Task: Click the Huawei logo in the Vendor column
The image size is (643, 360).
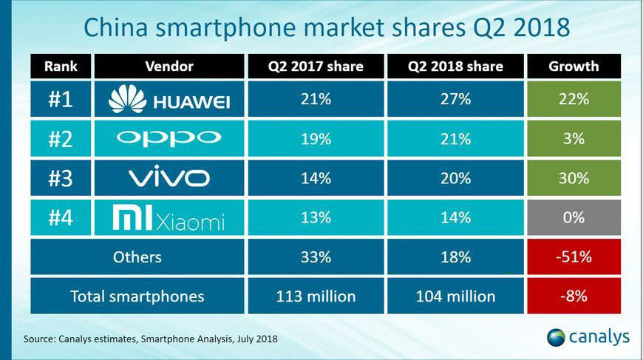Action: [169, 99]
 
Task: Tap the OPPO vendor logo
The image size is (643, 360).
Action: [169, 138]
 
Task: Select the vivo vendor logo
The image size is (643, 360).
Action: [169, 177]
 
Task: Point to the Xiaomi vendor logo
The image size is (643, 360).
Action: [169, 218]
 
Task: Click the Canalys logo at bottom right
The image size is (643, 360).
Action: [588, 337]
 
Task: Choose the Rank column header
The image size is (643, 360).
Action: [61, 67]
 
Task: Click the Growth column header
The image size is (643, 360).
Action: [574, 67]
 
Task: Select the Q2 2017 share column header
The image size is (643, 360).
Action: [316, 67]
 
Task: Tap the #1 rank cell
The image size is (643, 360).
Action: [61, 99]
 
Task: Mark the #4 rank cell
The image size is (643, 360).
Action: [61, 218]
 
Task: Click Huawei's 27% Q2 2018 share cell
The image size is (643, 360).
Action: [455, 99]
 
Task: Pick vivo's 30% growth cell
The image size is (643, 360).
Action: [574, 178]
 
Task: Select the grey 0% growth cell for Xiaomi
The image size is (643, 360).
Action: [574, 218]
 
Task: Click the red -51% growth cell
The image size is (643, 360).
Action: [574, 257]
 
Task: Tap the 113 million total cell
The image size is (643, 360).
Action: [316, 296]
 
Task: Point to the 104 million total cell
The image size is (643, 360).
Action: [455, 296]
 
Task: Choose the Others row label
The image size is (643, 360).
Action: [137, 257]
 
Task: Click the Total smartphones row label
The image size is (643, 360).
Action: [137, 296]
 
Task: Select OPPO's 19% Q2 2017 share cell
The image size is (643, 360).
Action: [316, 138]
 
